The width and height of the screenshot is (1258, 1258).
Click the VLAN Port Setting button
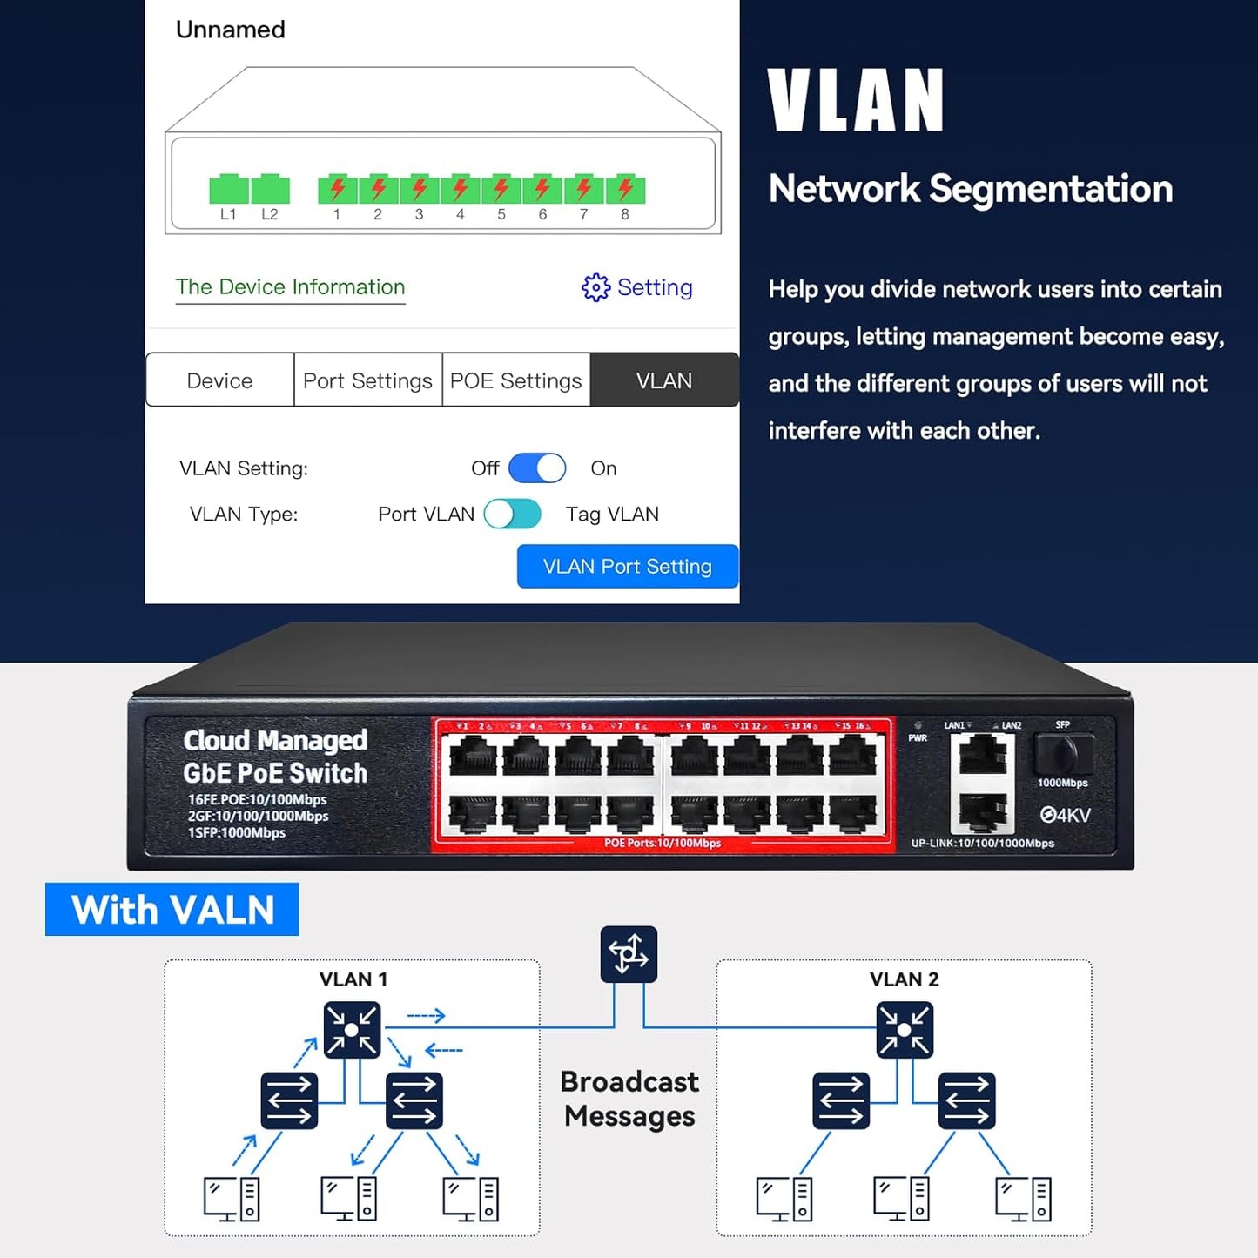[x=627, y=567]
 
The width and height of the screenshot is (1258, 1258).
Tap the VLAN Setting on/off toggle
[x=537, y=468]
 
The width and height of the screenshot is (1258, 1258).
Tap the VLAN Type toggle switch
[x=513, y=514]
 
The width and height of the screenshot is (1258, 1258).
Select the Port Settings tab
[x=367, y=380]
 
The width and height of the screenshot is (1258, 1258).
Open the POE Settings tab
[x=515, y=380]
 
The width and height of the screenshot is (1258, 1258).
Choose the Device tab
[x=219, y=380]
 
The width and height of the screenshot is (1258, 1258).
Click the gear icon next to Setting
[x=595, y=287]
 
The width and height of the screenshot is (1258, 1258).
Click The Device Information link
[x=290, y=287]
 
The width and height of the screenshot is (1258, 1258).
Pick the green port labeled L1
[x=228, y=189]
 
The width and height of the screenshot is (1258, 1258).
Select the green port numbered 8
[x=624, y=189]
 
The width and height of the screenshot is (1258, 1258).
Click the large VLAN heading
[x=856, y=101]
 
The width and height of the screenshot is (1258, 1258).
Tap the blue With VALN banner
[x=172, y=910]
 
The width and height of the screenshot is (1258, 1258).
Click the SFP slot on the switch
[x=1063, y=752]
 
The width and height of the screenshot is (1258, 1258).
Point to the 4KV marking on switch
[x=1065, y=815]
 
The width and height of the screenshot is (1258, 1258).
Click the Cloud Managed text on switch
[x=275, y=740]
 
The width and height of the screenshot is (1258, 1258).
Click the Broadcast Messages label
[x=629, y=1099]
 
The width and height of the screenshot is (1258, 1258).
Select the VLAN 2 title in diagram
[x=904, y=979]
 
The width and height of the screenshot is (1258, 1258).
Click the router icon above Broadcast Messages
[x=629, y=954]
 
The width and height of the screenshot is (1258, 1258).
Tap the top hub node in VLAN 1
[x=352, y=1030]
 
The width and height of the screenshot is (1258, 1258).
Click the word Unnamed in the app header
[x=231, y=30]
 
